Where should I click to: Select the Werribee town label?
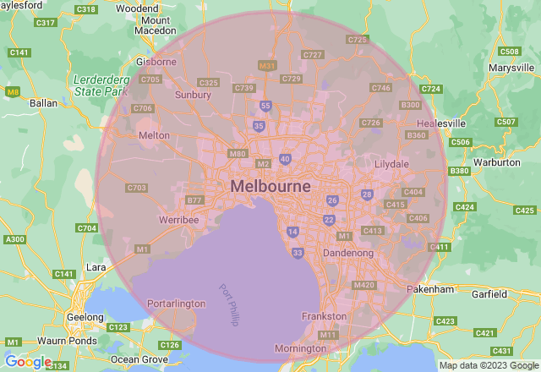tap(178, 220)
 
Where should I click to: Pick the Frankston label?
tap(325, 316)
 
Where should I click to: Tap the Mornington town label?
tap(299, 348)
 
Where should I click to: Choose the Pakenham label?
tap(429, 289)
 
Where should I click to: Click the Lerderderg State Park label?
tap(100, 84)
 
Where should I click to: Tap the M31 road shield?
tap(268, 65)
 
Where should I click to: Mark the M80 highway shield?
tap(237, 154)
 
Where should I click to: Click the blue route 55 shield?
tap(265, 106)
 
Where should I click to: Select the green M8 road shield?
tap(12, 90)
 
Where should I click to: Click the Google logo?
tap(28, 362)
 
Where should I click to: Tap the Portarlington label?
tap(176, 304)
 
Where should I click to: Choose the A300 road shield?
tap(15, 240)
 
